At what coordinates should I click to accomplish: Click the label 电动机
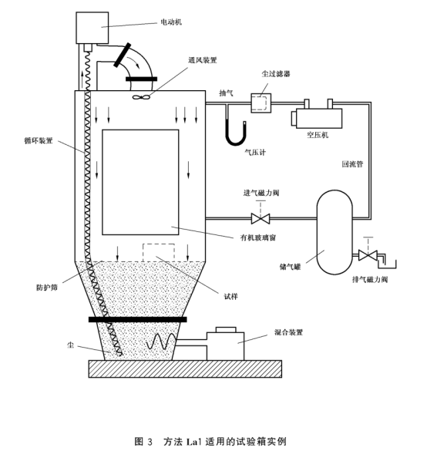point(171,22)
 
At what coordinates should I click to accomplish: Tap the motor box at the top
point(92,28)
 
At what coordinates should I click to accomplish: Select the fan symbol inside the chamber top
point(141,97)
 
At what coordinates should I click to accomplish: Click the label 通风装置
point(203,60)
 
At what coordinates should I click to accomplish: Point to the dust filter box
point(261,103)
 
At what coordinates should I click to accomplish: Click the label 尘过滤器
point(276,74)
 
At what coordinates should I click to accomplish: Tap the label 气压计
point(255,152)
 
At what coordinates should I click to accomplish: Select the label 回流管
point(352,164)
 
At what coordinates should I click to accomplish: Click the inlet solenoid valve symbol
point(261,219)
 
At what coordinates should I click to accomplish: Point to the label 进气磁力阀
point(261,193)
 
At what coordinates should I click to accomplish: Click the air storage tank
point(335,232)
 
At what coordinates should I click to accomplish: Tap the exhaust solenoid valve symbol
point(368,255)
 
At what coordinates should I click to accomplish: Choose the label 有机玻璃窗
point(258,237)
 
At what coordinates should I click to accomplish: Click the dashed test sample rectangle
point(159,253)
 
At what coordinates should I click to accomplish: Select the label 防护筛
point(47,287)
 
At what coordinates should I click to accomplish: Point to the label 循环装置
point(39,140)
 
